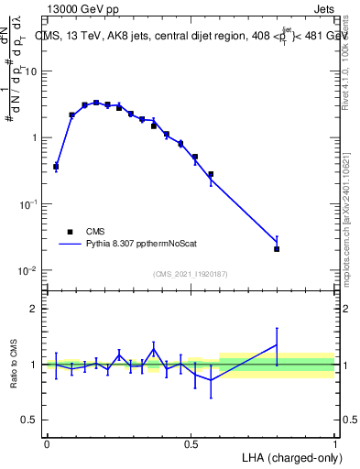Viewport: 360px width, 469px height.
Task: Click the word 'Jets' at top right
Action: (x=323, y=7)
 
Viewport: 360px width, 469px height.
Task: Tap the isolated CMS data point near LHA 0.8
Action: (x=277, y=248)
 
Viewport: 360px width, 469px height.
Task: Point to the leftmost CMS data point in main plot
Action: (x=56, y=167)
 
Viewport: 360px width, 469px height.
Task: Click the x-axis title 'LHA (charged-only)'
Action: (x=287, y=457)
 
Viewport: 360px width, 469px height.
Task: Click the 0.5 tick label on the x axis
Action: (x=191, y=443)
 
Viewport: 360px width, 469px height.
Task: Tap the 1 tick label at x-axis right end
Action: (x=334, y=443)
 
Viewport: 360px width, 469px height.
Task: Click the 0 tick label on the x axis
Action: (x=47, y=443)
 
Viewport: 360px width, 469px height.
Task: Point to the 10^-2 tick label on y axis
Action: (x=28, y=271)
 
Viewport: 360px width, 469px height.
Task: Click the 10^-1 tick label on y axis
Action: (x=28, y=204)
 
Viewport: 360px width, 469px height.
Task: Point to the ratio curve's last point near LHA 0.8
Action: (x=277, y=344)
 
